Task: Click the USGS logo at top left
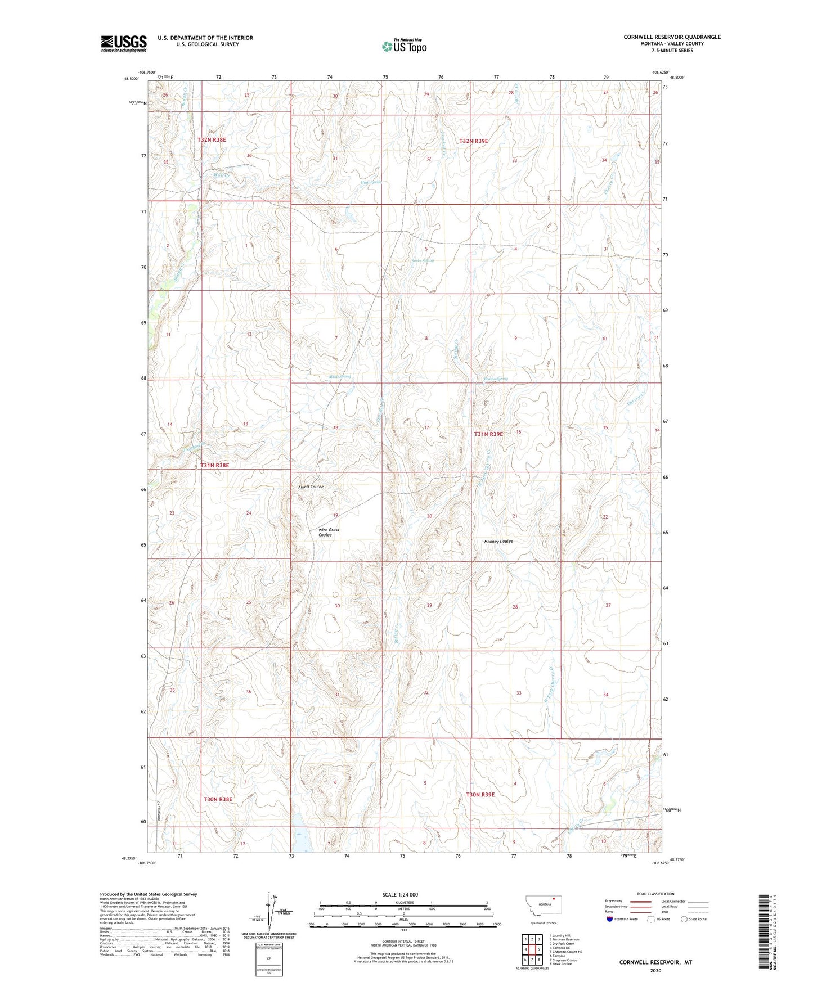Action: [123, 43]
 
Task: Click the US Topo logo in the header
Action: [404, 46]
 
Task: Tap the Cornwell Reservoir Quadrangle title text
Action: [672, 37]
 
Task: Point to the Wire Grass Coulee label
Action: [329, 532]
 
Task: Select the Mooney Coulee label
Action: [498, 542]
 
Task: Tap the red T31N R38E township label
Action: [215, 466]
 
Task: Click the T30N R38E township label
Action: [218, 799]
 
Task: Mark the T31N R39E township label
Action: [488, 434]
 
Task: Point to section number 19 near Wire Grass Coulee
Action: [335, 515]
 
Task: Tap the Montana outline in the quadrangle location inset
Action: [543, 907]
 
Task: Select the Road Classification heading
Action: [655, 894]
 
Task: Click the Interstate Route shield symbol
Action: [610, 919]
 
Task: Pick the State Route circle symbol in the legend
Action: [684, 919]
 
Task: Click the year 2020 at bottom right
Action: [655, 970]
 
